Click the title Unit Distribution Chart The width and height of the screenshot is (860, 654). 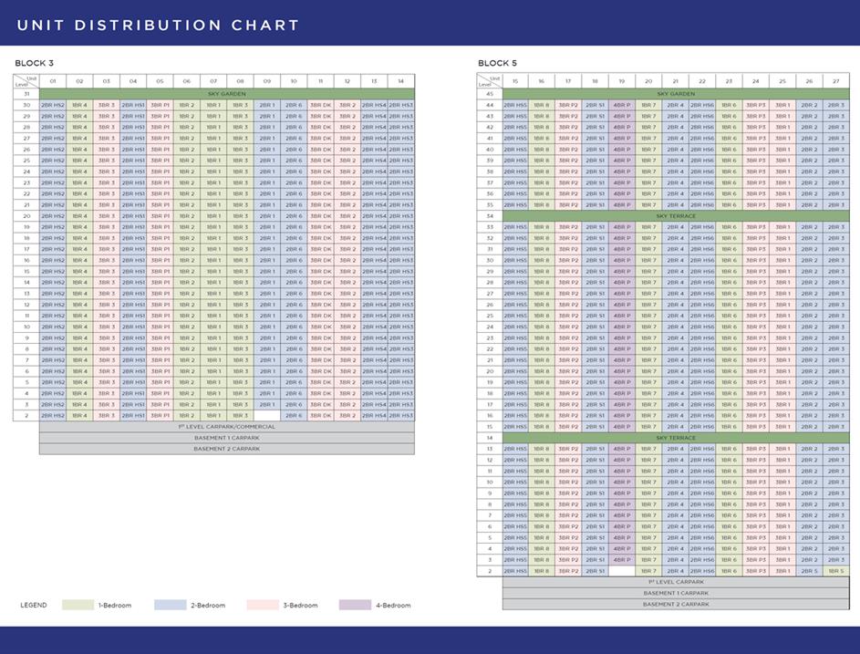tap(158, 25)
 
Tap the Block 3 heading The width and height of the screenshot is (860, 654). tap(35, 63)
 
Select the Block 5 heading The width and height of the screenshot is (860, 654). tap(498, 63)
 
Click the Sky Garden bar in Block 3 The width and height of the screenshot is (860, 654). tap(226, 94)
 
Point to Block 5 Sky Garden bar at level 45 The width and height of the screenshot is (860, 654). tap(676, 94)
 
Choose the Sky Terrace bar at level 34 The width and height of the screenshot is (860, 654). tap(676, 216)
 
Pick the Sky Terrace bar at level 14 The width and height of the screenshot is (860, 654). tap(676, 438)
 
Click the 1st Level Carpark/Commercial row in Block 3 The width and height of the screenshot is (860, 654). tap(226, 427)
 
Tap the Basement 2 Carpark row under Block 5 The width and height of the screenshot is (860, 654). tap(676, 604)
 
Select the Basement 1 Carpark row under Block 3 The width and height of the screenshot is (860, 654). tap(226, 438)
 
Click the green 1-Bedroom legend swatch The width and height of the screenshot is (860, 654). tap(78, 606)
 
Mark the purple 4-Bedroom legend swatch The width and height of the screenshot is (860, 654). tap(355, 606)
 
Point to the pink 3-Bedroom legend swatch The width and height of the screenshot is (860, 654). tap(263, 606)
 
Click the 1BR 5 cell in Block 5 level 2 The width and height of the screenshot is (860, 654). tap(835, 571)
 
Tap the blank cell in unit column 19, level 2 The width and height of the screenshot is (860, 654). tap(622, 571)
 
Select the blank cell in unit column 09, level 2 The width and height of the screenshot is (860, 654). tap(266, 416)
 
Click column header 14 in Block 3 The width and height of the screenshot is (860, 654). tap(400, 81)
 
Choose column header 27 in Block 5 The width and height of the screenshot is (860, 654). tap(835, 81)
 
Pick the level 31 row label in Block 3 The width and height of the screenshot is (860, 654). tap(26, 94)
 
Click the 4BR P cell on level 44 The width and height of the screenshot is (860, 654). tap(622, 105)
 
